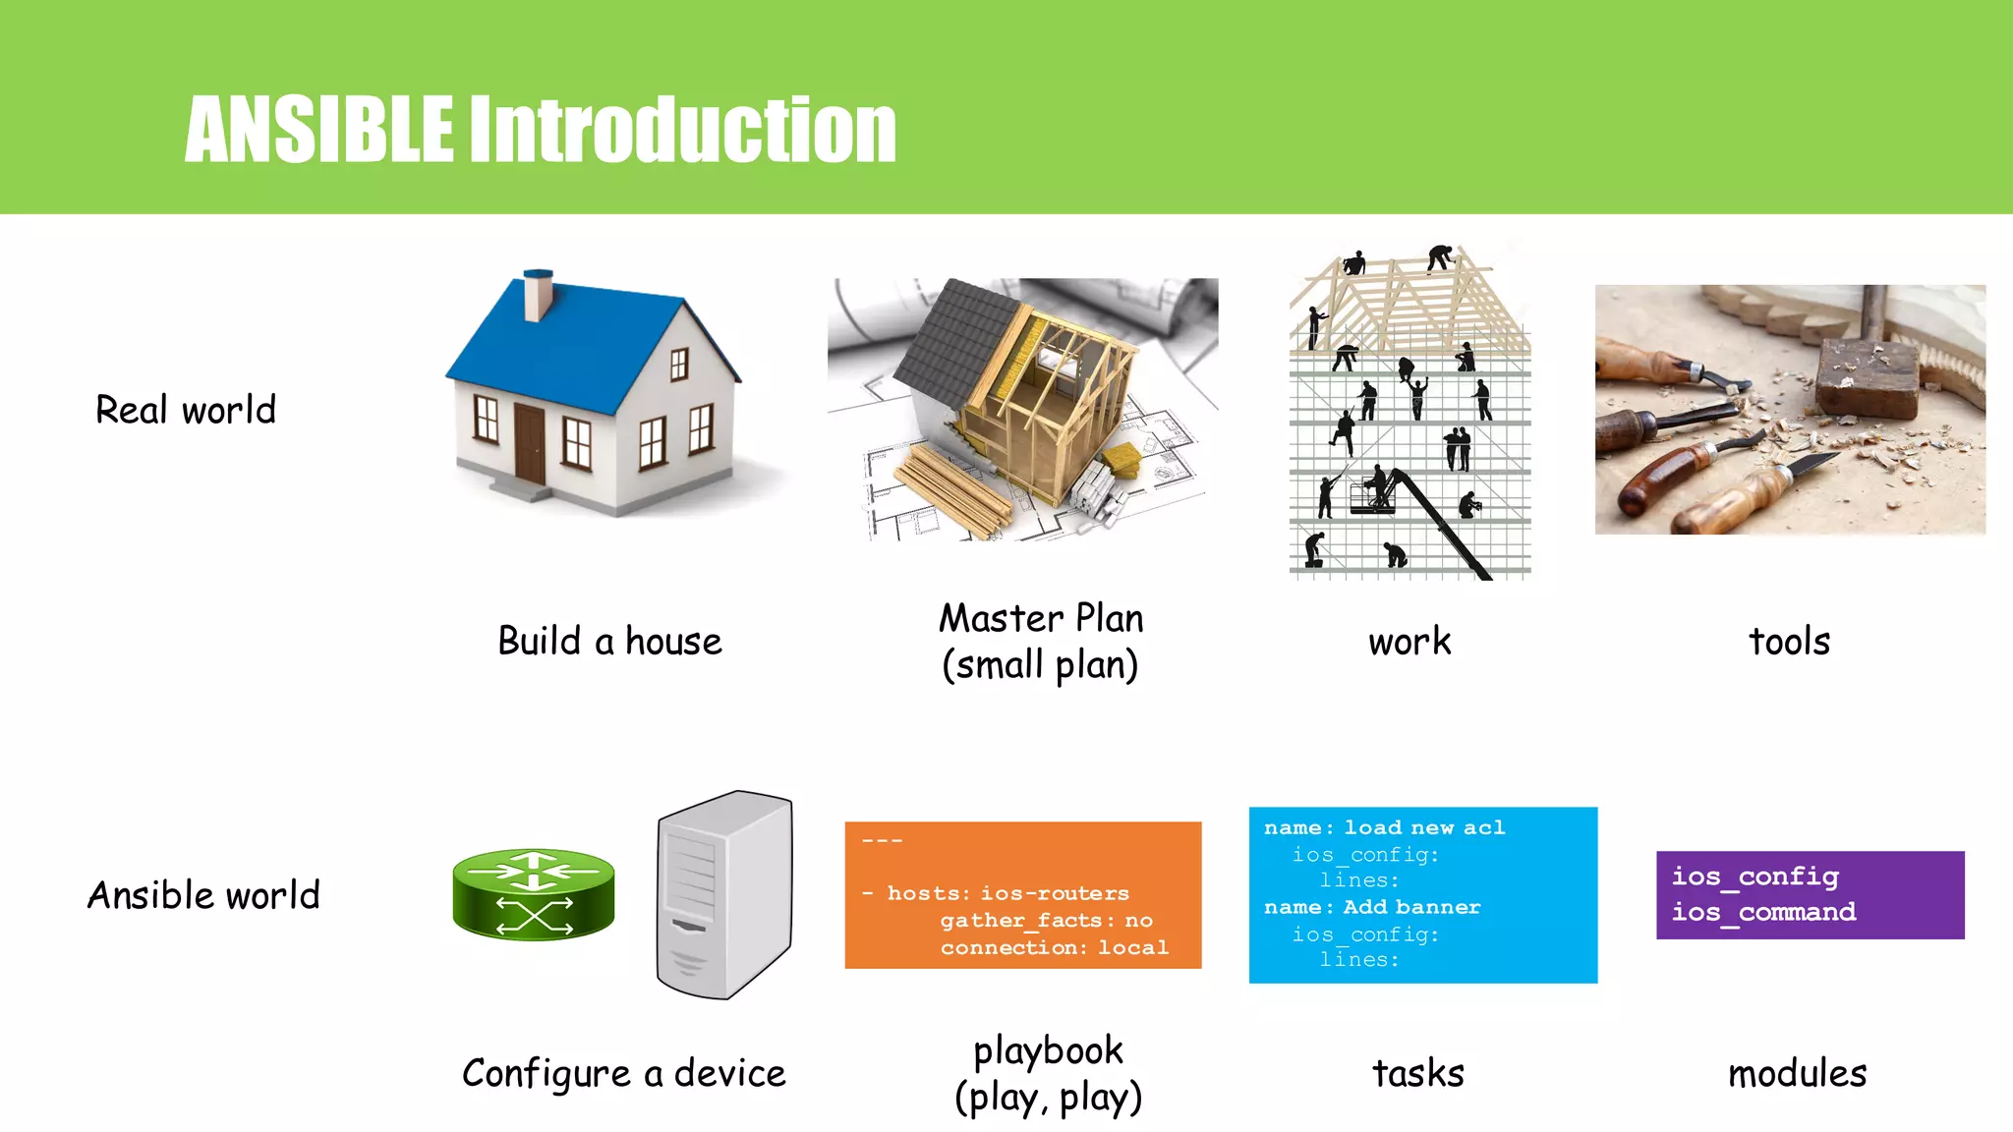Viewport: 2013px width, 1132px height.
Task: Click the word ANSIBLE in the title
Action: tap(319, 130)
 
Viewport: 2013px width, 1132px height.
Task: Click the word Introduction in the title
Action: tap(682, 130)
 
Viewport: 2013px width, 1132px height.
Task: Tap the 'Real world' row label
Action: tap(186, 410)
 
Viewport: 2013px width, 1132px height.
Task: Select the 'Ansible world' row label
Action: tap(203, 895)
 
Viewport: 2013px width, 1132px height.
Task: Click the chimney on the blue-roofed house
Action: tap(538, 295)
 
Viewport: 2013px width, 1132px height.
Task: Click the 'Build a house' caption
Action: tap(609, 642)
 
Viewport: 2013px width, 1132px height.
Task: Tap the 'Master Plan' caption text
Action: tap(1041, 619)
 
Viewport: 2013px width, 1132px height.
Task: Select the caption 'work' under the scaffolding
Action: tap(1409, 642)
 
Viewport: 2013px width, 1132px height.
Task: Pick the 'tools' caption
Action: tap(1789, 642)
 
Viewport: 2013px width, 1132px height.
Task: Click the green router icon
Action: tap(534, 894)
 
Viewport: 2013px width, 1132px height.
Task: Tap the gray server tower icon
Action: tap(724, 894)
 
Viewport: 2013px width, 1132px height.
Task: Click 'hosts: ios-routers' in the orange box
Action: tap(1007, 893)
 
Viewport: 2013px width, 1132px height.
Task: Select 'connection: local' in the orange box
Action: tap(1054, 947)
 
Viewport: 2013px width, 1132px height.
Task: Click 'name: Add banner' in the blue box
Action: tap(1372, 907)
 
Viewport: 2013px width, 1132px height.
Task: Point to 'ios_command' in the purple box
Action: tap(1763, 912)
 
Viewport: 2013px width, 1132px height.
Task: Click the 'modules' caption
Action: tap(1797, 1073)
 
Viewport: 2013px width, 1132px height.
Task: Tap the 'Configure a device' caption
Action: tap(624, 1073)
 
